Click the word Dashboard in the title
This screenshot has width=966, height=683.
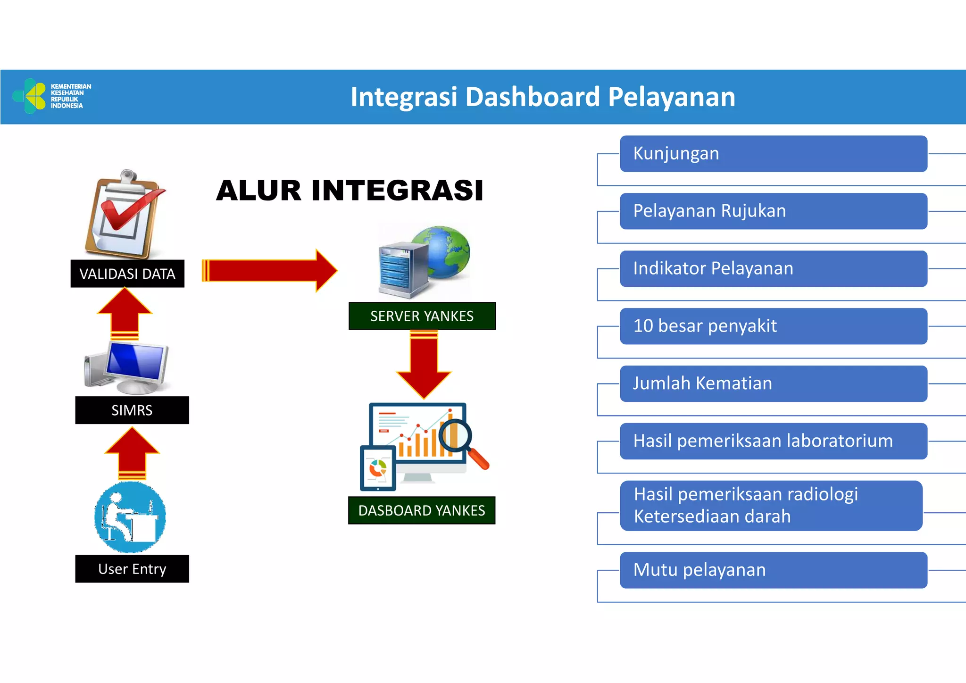coord(533,97)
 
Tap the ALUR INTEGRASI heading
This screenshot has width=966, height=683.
coord(350,191)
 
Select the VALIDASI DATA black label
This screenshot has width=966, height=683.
coord(127,274)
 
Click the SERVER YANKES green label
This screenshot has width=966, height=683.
coord(422,316)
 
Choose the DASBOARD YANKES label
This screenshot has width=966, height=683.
coord(421,510)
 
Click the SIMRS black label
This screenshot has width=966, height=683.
coord(132,410)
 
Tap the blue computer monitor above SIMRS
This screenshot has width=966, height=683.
coord(136,363)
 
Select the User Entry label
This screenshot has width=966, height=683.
coord(132,569)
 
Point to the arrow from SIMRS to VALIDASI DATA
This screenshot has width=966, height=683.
coord(125,313)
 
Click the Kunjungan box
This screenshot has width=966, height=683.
coord(773,154)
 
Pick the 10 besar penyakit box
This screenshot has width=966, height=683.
coord(773,326)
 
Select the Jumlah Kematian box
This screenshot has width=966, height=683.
coord(773,383)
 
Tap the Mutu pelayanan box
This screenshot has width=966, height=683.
coord(773,570)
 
